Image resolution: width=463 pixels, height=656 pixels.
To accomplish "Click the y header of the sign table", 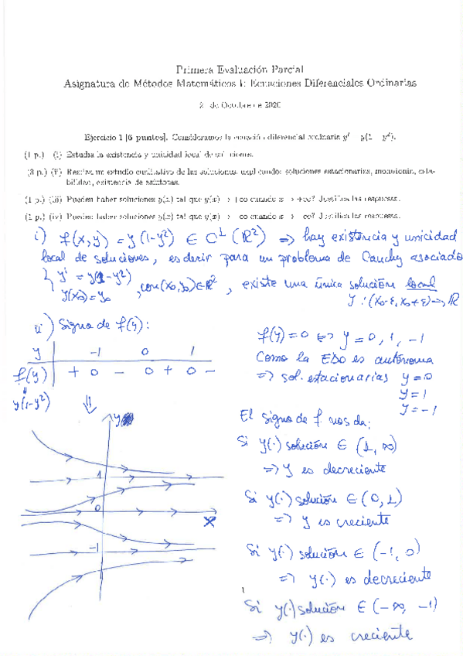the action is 34,353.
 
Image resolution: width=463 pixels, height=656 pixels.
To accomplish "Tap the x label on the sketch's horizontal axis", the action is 208,521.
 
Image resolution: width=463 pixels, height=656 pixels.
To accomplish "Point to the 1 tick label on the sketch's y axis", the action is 98,473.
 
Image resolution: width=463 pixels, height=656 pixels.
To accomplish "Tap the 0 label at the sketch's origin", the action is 98,508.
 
